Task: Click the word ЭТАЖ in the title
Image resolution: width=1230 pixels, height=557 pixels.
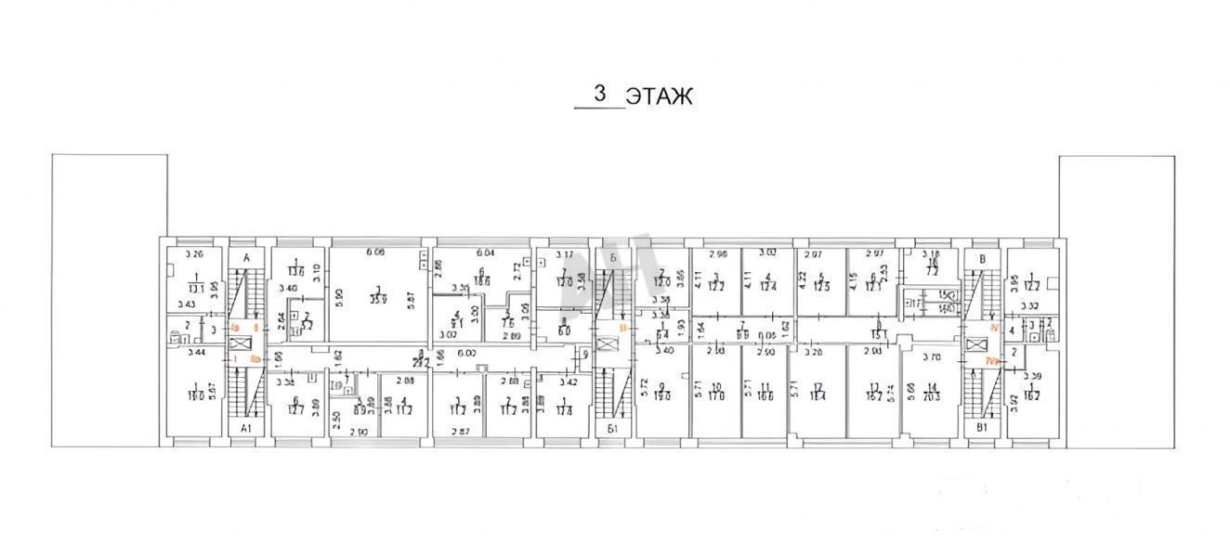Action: (658, 97)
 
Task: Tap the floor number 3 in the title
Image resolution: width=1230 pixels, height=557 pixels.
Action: (600, 95)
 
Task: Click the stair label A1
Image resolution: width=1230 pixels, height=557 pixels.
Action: (246, 428)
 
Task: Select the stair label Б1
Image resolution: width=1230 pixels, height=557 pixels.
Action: (612, 428)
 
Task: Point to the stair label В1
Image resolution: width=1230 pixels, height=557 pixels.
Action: (982, 428)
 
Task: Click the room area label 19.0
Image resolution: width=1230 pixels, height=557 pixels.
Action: (663, 396)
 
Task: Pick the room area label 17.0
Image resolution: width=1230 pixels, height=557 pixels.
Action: (715, 396)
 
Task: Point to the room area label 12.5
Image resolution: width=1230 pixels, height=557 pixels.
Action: (821, 284)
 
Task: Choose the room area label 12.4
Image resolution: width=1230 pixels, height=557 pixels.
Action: (767, 284)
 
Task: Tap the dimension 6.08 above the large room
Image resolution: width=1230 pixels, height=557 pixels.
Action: (374, 252)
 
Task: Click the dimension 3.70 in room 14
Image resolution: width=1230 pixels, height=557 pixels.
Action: (930, 356)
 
